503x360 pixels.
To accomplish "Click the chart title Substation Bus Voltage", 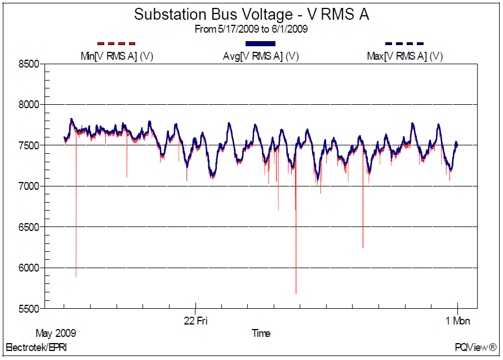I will pos(251,15).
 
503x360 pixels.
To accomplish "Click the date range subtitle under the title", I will pos(251,29).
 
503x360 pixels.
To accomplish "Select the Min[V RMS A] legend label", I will pos(117,56).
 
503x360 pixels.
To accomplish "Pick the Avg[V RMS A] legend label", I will pos(260,56).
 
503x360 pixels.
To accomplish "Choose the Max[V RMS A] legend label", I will pos(404,56).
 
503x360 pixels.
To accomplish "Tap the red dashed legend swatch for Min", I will pos(117,43).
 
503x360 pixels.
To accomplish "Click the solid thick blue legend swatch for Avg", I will pos(260,43).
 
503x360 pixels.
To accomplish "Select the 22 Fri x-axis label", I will pos(196,321).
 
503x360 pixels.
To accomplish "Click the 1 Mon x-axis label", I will pos(457,321).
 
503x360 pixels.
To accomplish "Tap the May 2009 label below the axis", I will pos(56,332).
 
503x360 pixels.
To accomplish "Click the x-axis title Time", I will pos(261,333).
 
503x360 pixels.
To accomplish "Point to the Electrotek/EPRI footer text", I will pos(36,347).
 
